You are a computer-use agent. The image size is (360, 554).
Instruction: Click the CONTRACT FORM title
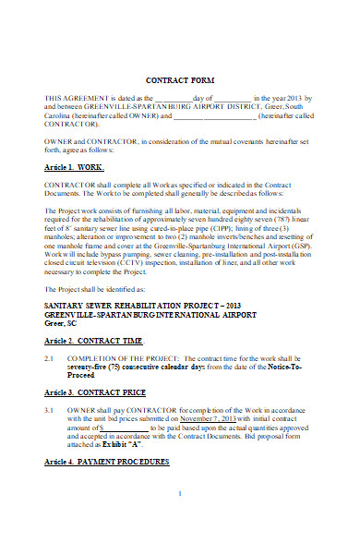coord(179,80)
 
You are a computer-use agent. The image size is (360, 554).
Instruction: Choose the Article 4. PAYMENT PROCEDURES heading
coord(107,460)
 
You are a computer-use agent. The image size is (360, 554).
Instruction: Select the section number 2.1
coord(51,356)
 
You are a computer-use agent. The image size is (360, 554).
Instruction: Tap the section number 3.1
coord(51,408)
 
